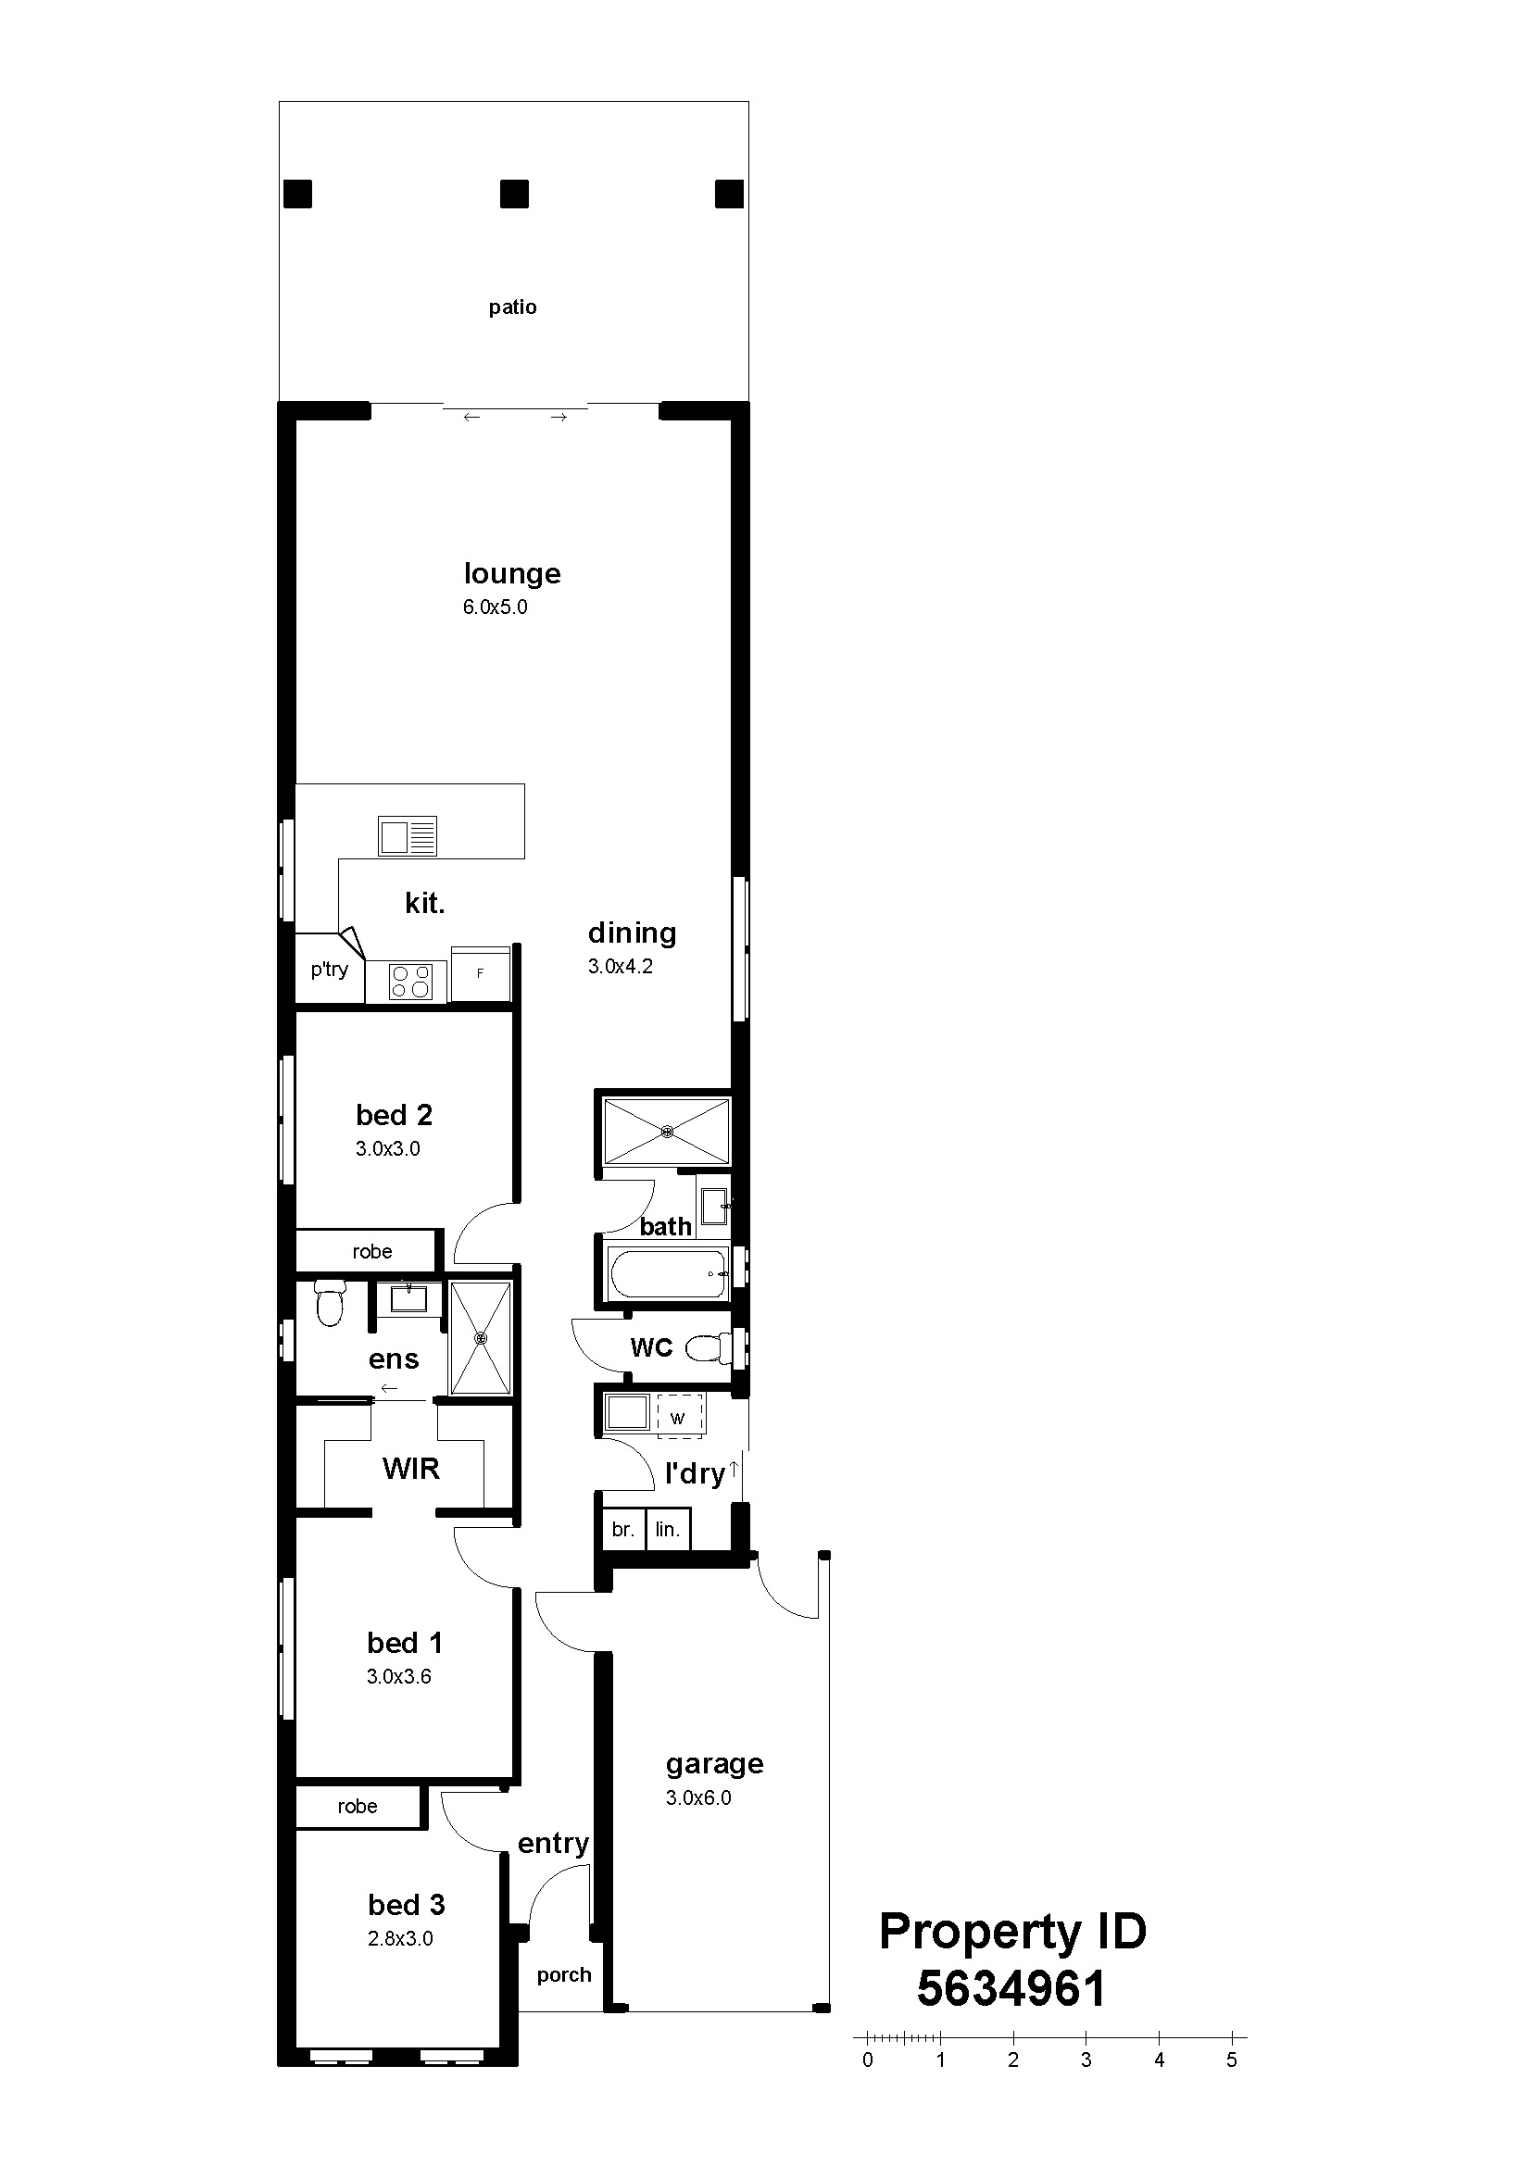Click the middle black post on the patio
click(x=514, y=194)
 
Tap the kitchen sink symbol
click(x=408, y=835)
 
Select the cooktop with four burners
click(x=411, y=981)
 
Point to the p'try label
click(x=329, y=970)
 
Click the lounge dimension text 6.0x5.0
click(x=496, y=607)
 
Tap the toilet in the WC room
click(x=708, y=1348)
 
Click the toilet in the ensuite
click(x=329, y=1303)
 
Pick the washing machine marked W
click(x=679, y=1417)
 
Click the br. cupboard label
click(x=622, y=1529)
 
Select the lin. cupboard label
click(x=668, y=1529)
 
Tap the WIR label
click(x=411, y=1468)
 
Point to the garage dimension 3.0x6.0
click(x=699, y=1798)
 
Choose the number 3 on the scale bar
click(x=1086, y=2060)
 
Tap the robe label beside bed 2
click(x=372, y=1252)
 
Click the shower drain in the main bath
click(x=668, y=1130)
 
